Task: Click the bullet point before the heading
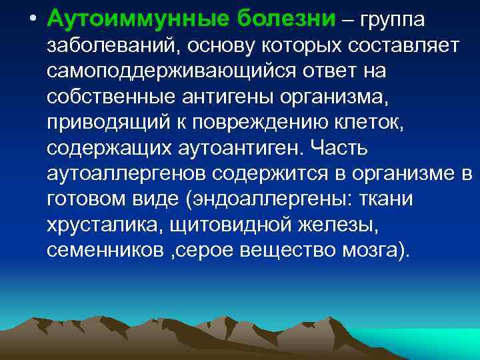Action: (33, 18)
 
